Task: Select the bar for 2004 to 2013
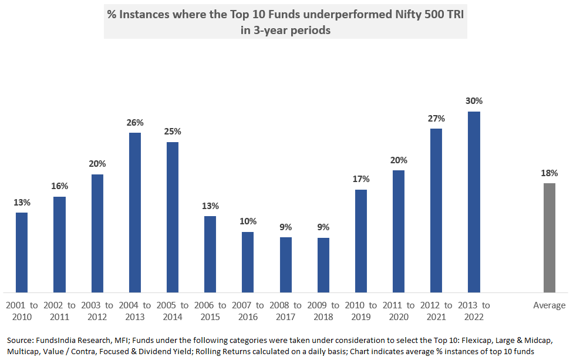(135, 212)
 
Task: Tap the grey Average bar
(549, 237)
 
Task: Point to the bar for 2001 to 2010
(22, 252)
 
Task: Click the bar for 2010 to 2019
(361, 240)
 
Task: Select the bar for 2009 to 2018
(323, 264)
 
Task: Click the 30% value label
(474, 101)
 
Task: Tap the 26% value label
(135, 122)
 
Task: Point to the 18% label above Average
(549, 173)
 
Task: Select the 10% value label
(248, 221)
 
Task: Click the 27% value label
(436, 118)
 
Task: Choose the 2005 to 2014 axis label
(173, 311)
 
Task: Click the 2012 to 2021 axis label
(436, 311)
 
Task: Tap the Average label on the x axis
(549, 305)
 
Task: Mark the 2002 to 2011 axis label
(59, 311)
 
